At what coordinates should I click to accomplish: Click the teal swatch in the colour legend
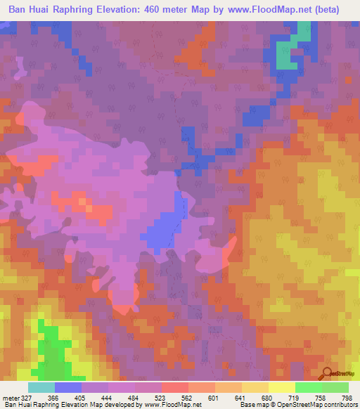[41, 387]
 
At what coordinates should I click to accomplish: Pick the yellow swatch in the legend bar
[281, 387]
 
